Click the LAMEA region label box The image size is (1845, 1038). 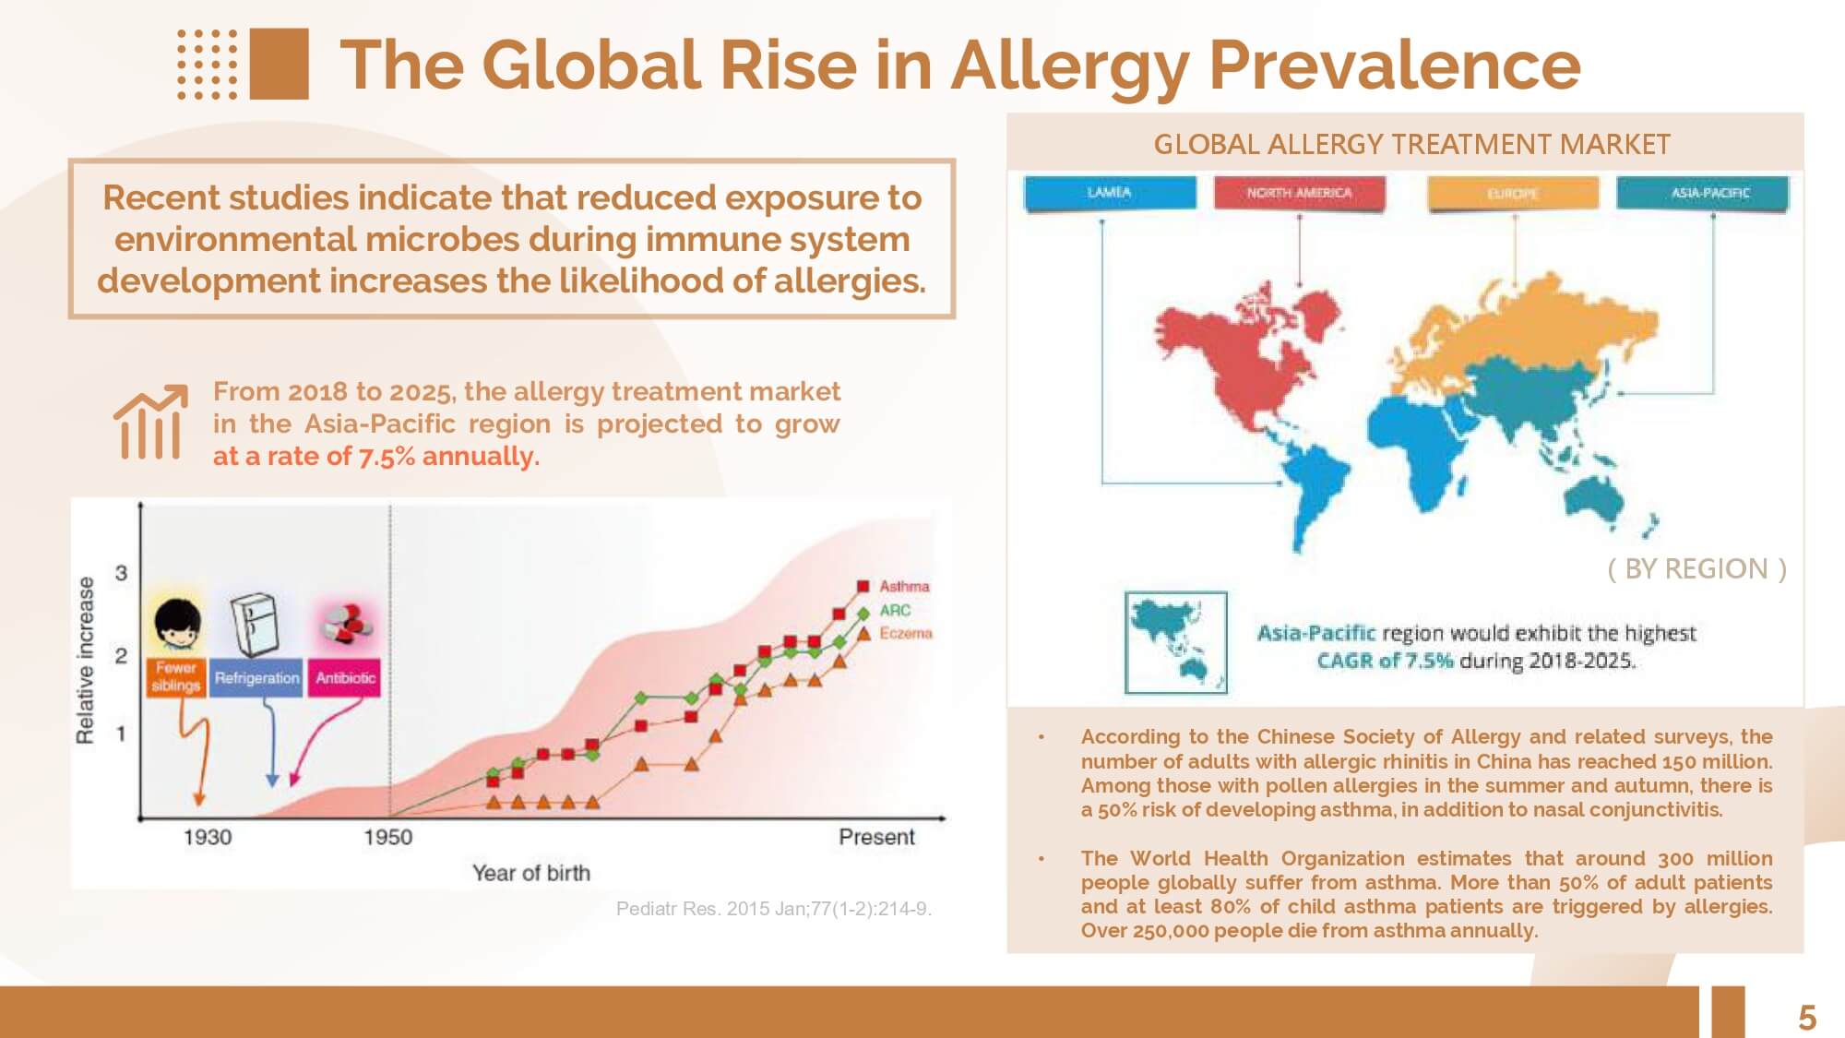point(1110,193)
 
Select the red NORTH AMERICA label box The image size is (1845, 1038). point(1299,193)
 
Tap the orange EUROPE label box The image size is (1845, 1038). point(1513,194)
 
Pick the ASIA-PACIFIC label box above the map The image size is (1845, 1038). point(1702,193)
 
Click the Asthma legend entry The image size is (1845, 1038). point(903,586)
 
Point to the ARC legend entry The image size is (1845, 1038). point(894,610)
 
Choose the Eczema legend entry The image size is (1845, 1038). point(904,633)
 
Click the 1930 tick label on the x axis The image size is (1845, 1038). point(208,837)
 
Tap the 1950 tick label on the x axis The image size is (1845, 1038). point(387,837)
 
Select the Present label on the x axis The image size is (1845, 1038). point(876,837)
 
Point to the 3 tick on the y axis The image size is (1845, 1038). point(121,573)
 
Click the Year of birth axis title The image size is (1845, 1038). point(530,873)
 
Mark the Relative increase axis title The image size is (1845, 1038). point(85,660)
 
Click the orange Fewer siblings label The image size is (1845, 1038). point(175,676)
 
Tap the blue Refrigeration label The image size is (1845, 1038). point(256,677)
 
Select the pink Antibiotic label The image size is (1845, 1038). point(345,677)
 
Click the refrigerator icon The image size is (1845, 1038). point(254,623)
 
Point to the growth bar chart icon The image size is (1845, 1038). point(149,422)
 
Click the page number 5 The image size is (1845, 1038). point(1806,1018)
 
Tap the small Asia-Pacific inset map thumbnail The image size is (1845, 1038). point(1176,641)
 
